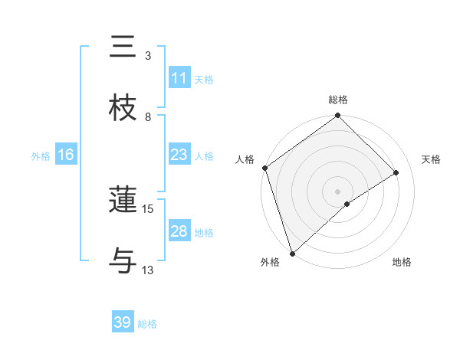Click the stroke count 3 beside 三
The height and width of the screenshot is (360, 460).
[x=148, y=56]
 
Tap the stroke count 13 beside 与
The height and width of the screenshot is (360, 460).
[x=148, y=270]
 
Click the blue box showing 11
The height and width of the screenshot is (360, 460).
[x=179, y=78]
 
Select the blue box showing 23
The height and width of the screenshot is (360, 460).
[x=179, y=155]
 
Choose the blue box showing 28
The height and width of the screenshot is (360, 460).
[x=179, y=231]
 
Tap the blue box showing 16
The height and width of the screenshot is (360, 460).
[x=66, y=155]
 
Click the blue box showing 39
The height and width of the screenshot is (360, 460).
[x=123, y=322]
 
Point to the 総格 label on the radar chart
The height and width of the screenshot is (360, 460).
[x=338, y=100]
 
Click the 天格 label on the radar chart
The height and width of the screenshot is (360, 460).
[x=432, y=159]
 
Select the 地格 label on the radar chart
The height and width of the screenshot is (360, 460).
[x=402, y=262]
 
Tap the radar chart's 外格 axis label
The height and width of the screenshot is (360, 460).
[x=270, y=262]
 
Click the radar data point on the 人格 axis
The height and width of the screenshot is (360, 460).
[x=264, y=168]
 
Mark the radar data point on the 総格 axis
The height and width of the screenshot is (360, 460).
[x=338, y=116]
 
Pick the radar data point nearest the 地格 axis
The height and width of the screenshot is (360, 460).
[x=347, y=204]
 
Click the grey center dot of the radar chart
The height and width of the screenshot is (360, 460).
[x=338, y=191]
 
